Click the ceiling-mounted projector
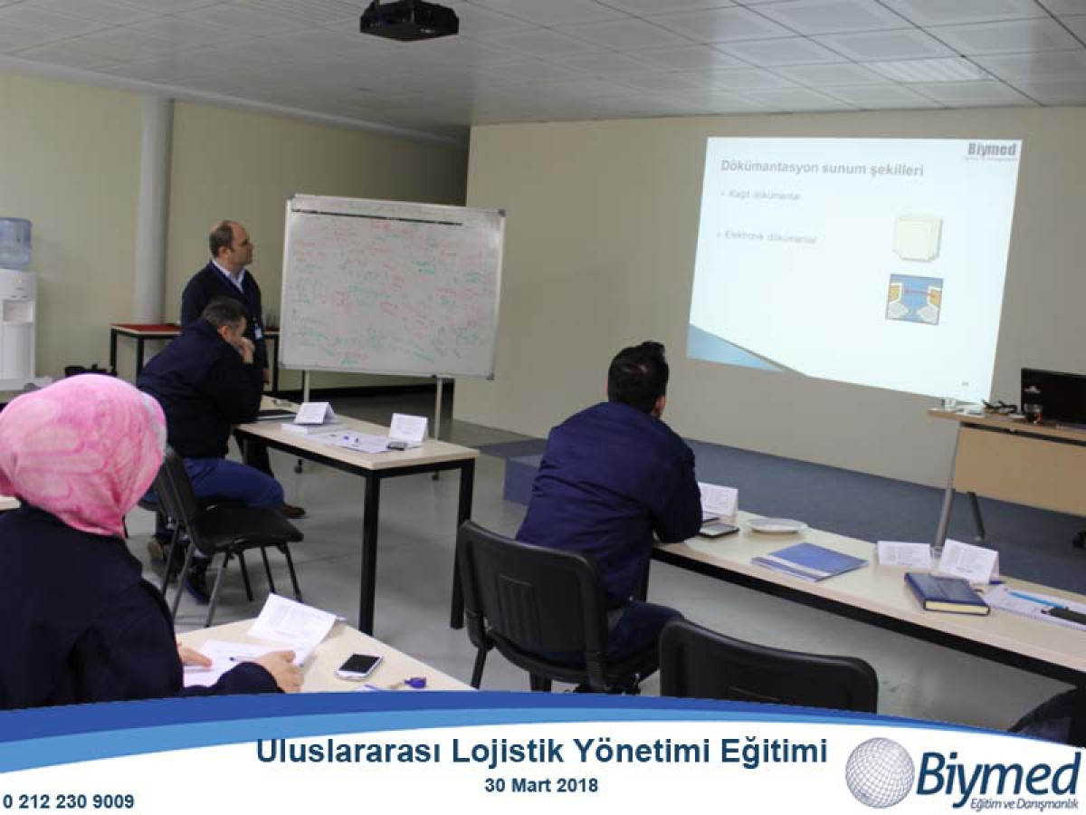pyautogui.click(x=409, y=19)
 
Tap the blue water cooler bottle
pyautogui.click(x=14, y=243)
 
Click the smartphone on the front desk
pyautogui.click(x=359, y=666)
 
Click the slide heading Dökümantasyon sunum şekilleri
pyautogui.click(x=821, y=168)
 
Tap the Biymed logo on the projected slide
pyautogui.click(x=992, y=150)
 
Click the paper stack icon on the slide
pyautogui.click(x=917, y=237)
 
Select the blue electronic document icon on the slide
pyautogui.click(x=914, y=299)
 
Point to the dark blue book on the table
pyautogui.click(x=946, y=593)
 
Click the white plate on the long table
pyautogui.click(x=776, y=525)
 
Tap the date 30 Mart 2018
pyautogui.click(x=541, y=786)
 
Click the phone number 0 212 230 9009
pyautogui.click(x=68, y=801)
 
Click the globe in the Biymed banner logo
pyautogui.click(x=880, y=772)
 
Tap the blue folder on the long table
pyautogui.click(x=809, y=561)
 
